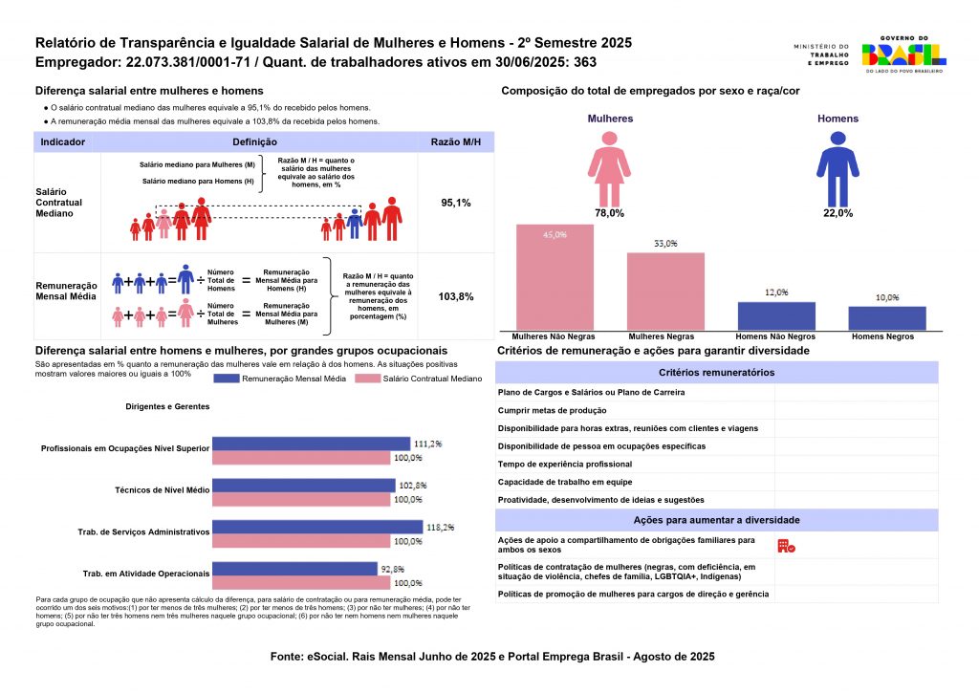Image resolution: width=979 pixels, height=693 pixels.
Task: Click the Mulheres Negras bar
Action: [x=665, y=292]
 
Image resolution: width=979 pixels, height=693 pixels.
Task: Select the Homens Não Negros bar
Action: [x=776, y=316]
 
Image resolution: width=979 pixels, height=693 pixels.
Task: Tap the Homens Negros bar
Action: [x=887, y=319]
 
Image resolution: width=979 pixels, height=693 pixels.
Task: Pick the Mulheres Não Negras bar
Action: [x=555, y=277]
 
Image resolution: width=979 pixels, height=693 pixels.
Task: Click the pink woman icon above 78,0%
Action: [x=609, y=168]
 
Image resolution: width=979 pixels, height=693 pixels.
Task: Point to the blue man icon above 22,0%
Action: [x=838, y=168]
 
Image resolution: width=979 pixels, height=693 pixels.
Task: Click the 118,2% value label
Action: [x=441, y=527]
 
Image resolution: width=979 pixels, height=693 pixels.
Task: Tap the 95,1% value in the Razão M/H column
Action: [x=455, y=204]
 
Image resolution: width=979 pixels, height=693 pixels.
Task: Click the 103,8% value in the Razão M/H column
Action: [x=455, y=296]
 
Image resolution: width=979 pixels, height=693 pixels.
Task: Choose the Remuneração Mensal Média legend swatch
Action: [x=227, y=379]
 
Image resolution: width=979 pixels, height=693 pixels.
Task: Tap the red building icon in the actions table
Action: [x=786, y=546]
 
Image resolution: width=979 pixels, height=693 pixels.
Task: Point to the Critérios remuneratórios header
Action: [x=717, y=373]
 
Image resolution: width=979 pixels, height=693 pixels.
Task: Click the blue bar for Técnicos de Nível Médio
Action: [x=303, y=485]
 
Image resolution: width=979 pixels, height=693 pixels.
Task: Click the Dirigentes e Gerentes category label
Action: [x=167, y=406]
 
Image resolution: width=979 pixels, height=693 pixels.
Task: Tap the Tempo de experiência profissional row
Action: [x=565, y=464]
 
